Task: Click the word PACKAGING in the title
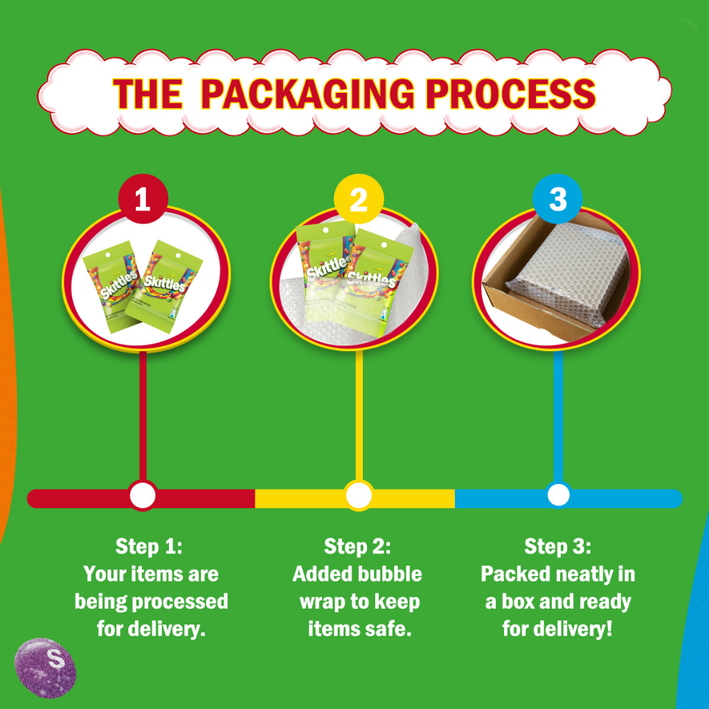(307, 93)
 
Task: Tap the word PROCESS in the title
(510, 93)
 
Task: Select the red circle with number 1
(143, 199)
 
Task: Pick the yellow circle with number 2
(359, 199)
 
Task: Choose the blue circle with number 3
(557, 199)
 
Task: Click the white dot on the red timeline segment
(143, 495)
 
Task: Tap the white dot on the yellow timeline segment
(359, 495)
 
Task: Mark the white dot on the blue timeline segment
(559, 495)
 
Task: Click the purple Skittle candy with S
(45, 667)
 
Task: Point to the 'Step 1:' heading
(149, 546)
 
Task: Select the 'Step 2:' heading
(357, 546)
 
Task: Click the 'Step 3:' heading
(557, 546)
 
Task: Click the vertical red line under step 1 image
(143, 417)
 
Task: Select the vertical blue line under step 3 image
(559, 417)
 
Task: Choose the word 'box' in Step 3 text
(518, 602)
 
